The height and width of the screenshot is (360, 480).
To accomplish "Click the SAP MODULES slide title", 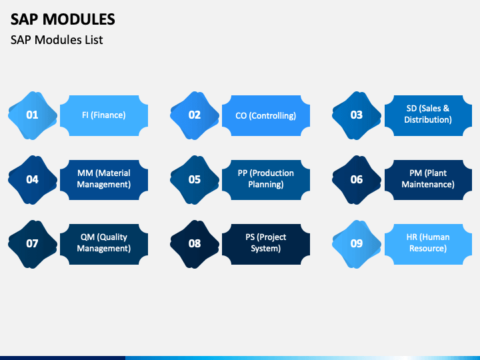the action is pyautogui.click(x=63, y=19).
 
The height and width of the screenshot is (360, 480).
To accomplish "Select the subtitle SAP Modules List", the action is pyautogui.click(x=57, y=40).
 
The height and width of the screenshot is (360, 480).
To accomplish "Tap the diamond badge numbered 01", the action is pyautogui.click(x=33, y=115).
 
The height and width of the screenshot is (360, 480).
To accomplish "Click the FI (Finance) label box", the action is pyautogui.click(x=104, y=115).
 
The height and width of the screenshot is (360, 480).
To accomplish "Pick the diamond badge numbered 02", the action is pyautogui.click(x=195, y=115).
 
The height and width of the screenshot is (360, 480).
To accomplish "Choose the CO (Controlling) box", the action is pyautogui.click(x=266, y=115).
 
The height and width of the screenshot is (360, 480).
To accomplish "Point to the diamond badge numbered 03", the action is pyautogui.click(x=357, y=115).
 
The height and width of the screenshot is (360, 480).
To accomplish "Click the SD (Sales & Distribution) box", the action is pyautogui.click(x=428, y=115).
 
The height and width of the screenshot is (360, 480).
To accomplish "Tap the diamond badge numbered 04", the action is pyautogui.click(x=33, y=180).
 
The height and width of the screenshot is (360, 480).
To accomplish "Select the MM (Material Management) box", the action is pyautogui.click(x=104, y=180).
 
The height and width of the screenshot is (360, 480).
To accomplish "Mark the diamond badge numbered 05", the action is pyautogui.click(x=195, y=180).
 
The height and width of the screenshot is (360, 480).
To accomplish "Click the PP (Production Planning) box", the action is pyautogui.click(x=266, y=180).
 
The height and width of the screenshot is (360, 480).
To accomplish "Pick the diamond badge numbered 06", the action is pyautogui.click(x=357, y=180).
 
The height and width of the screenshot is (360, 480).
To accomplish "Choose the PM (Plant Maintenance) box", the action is pyautogui.click(x=428, y=180).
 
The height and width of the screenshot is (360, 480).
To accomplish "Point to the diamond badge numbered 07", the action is pyautogui.click(x=33, y=244).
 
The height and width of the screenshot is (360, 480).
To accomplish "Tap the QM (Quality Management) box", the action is pyautogui.click(x=104, y=244).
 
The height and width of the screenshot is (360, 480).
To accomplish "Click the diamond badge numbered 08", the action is pyautogui.click(x=195, y=244).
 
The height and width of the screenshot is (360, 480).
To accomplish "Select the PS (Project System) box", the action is pyautogui.click(x=266, y=244).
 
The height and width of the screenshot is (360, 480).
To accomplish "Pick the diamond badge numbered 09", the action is pyautogui.click(x=357, y=244).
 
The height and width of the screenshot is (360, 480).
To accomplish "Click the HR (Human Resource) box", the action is pyautogui.click(x=428, y=244).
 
